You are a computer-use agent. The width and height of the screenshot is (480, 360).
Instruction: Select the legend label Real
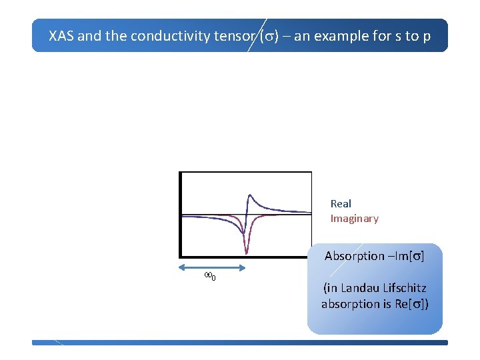341,204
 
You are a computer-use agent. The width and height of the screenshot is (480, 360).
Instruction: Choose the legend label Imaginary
354,219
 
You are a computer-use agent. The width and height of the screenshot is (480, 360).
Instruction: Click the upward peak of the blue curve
249,195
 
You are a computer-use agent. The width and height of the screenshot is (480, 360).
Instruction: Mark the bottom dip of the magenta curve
246,253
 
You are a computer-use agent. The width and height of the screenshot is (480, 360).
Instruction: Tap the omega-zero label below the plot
209,277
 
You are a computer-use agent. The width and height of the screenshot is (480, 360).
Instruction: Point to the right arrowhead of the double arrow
245,267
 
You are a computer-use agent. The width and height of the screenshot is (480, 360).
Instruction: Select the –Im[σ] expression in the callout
406,256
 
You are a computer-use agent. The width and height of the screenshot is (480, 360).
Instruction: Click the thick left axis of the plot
180,213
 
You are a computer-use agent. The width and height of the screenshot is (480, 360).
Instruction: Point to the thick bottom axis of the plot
245,256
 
